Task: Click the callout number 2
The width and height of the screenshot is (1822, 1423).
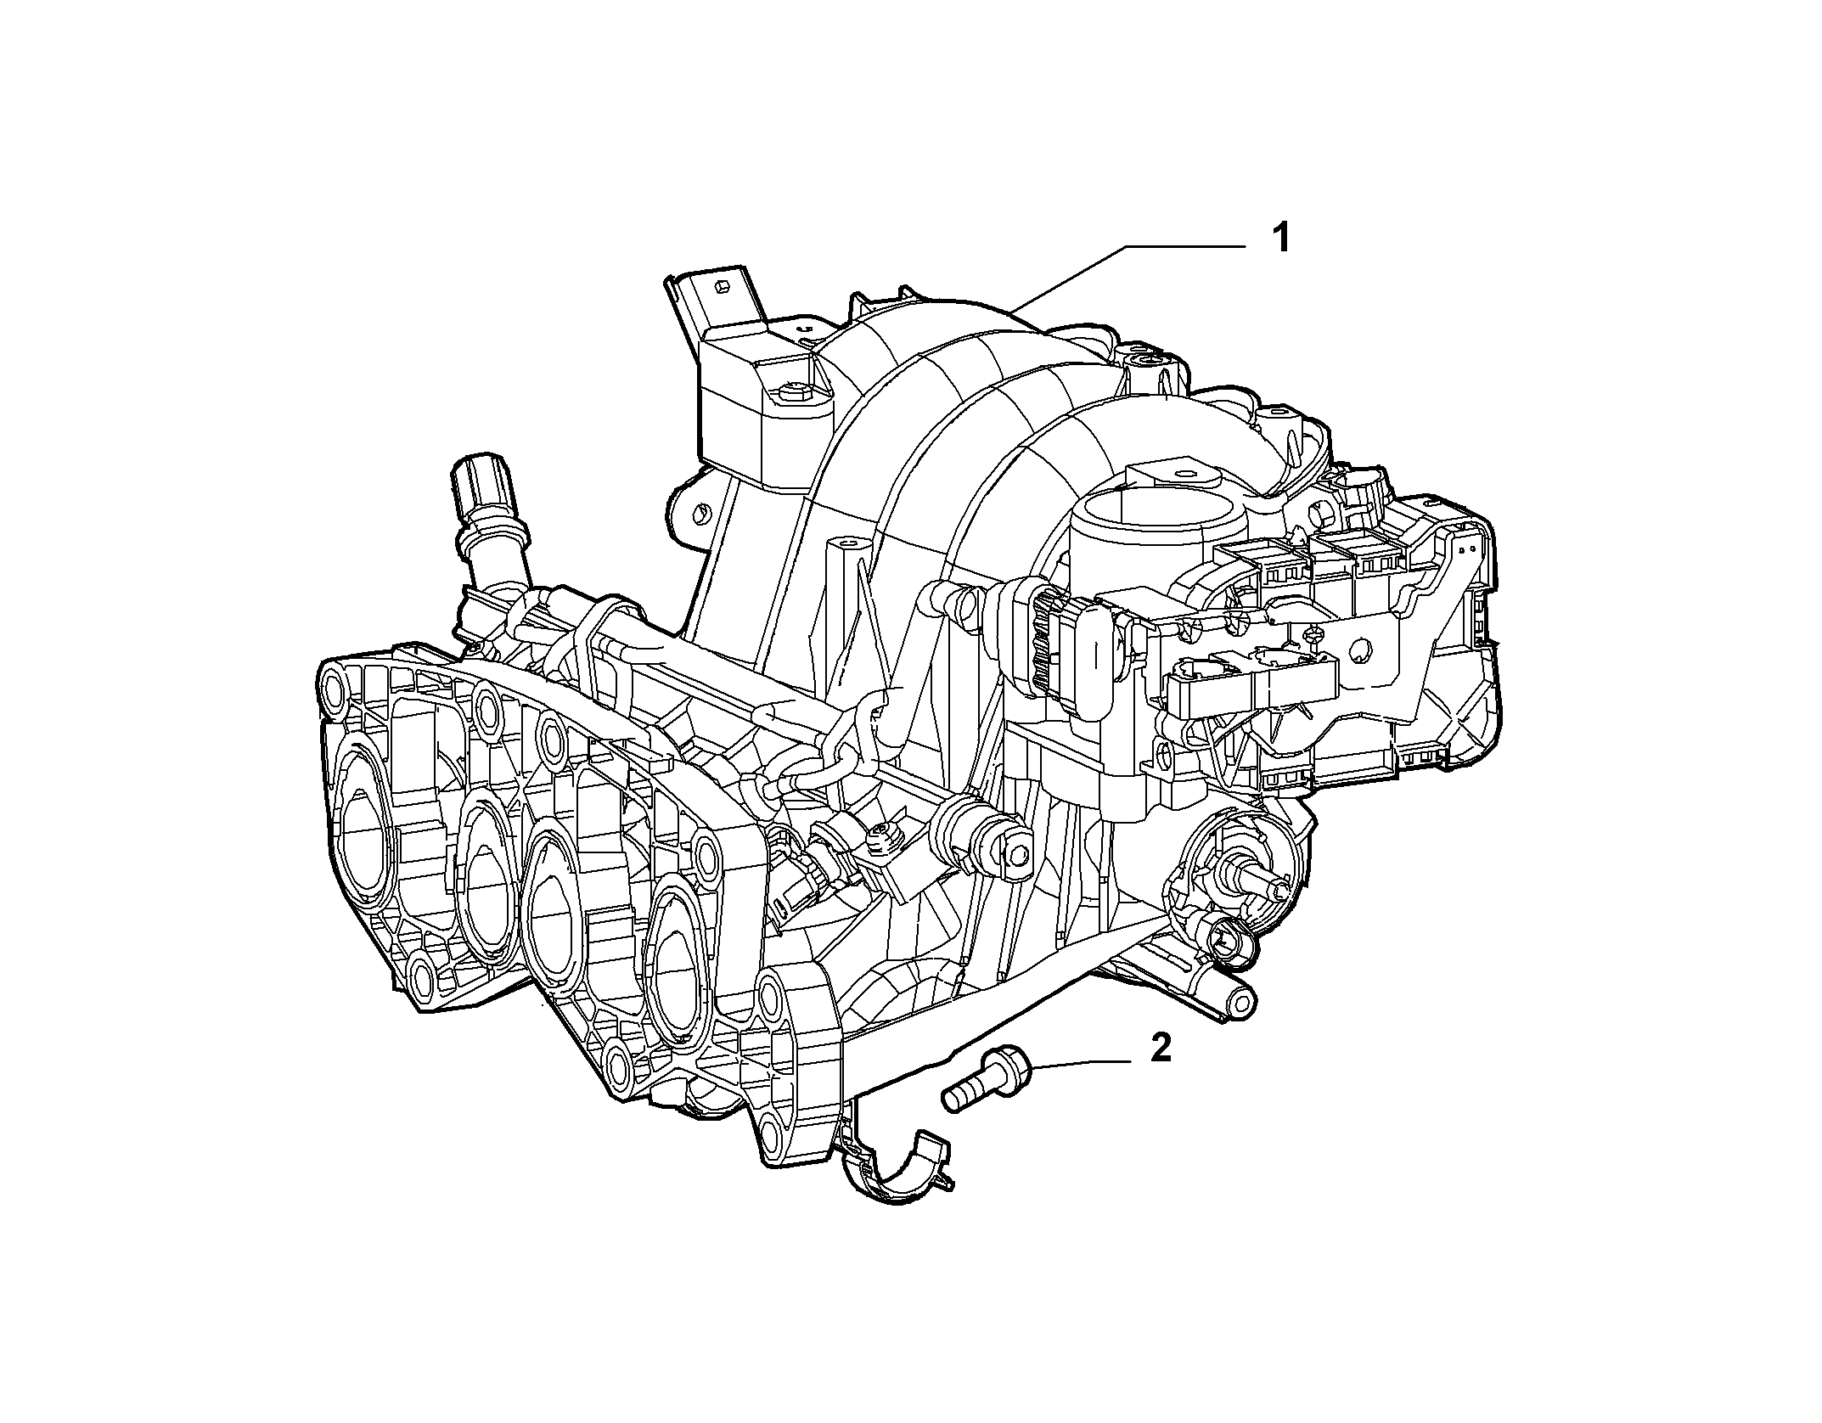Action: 1160,1049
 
